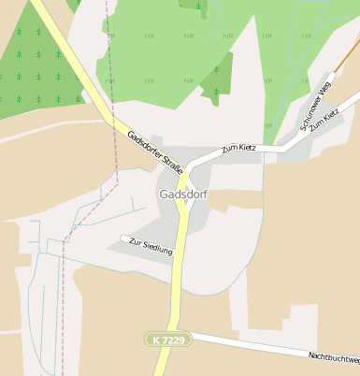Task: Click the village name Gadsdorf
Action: pyautogui.click(x=183, y=195)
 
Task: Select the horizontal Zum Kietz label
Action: pyautogui.click(x=238, y=148)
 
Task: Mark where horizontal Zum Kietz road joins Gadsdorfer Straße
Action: pyautogui.click(x=190, y=169)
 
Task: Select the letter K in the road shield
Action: pyautogui.click(x=152, y=338)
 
